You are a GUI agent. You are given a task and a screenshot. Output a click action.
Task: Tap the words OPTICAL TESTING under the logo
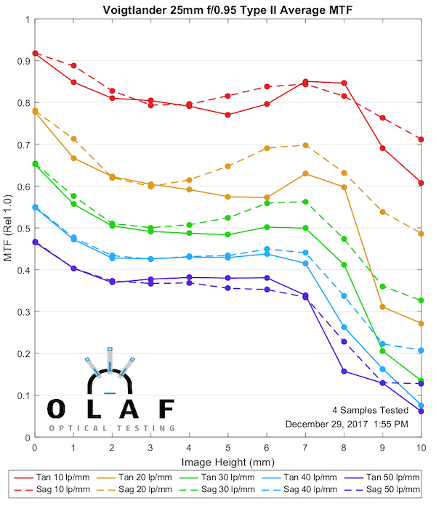click(112, 428)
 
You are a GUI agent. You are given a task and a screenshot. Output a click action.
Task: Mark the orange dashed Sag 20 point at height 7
click(305, 145)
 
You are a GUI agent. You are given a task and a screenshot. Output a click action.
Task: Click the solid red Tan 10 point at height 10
click(421, 182)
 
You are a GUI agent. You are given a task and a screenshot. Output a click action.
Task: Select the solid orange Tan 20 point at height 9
click(383, 308)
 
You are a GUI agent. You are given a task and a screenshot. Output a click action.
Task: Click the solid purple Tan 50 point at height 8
click(344, 372)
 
